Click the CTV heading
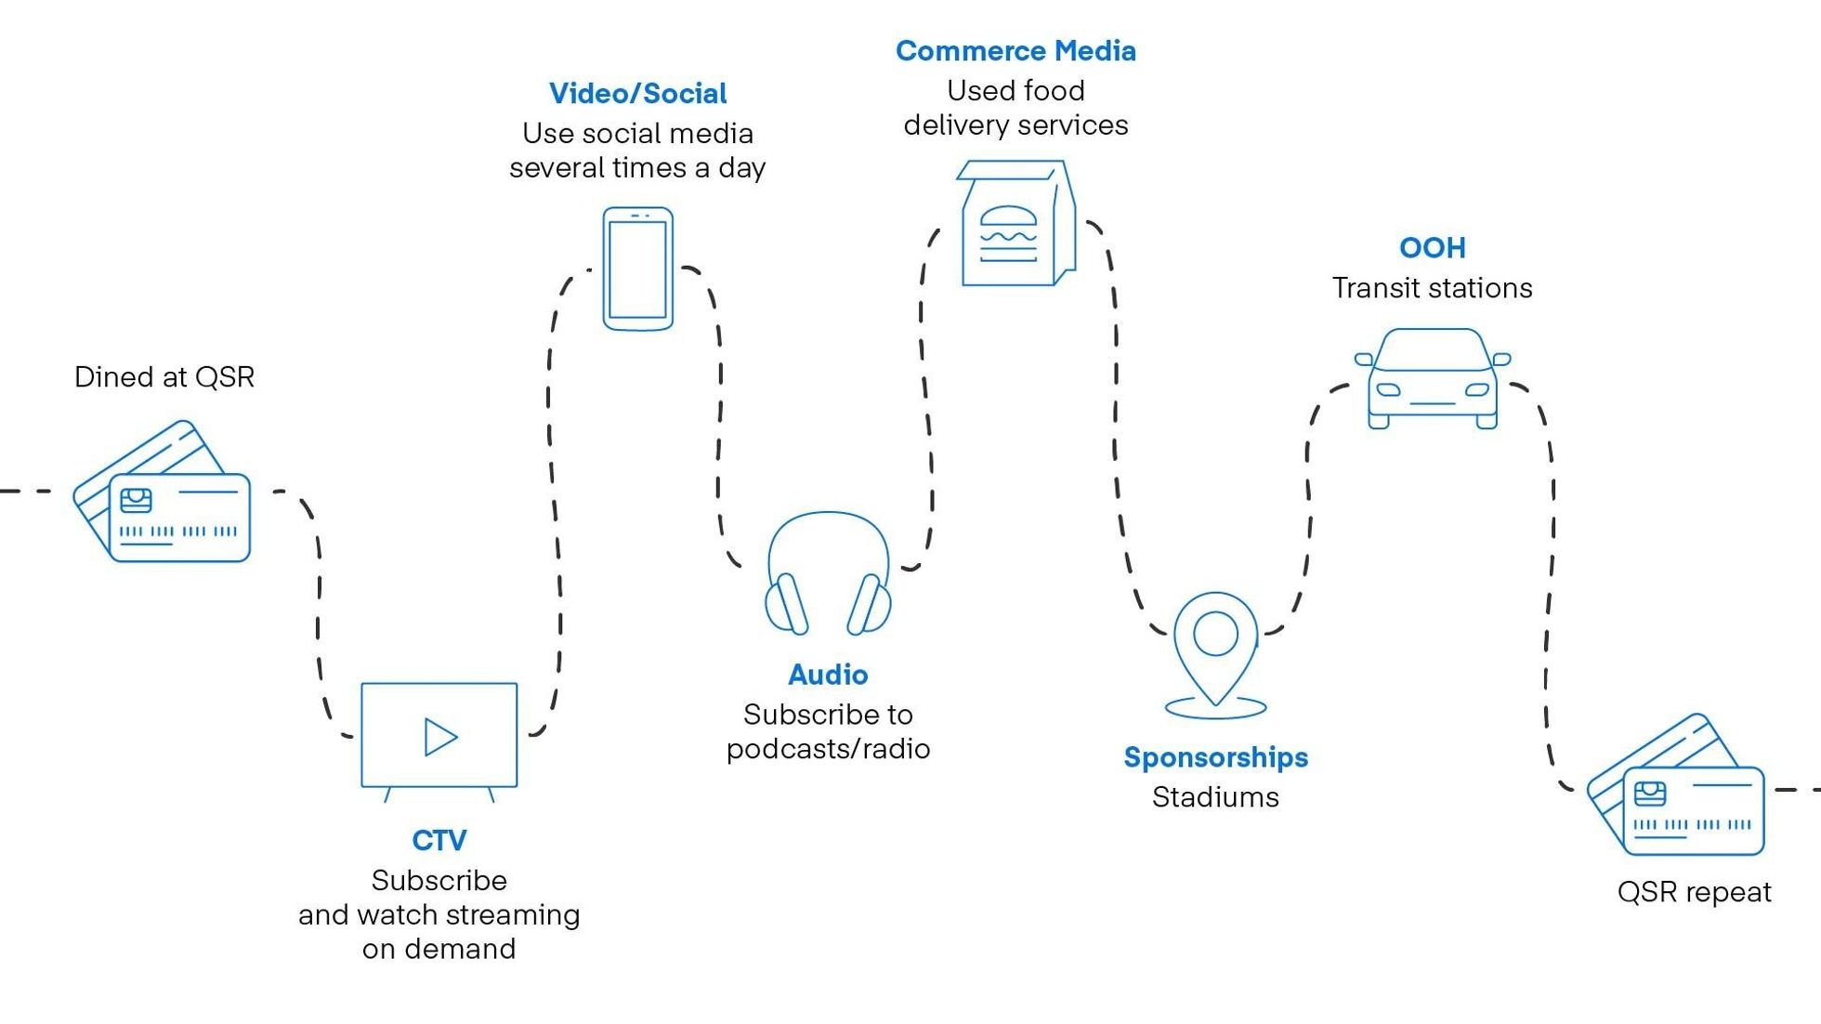pyautogui.click(x=439, y=840)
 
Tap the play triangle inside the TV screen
pyautogui.click(x=439, y=737)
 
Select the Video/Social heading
pyautogui.click(x=637, y=94)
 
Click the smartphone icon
pyautogui.click(x=637, y=269)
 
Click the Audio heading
pyautogui.click(x=828, y=675)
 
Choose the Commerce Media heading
pyautogui.click(x=1015, y=51)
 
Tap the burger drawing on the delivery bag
pyautogui.click(x=1008, y=232)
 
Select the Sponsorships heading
pyautogui.click(x=1215, y=757)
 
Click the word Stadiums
pyautogui.click(x=1215, y=797)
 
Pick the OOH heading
pyautogui.click(x=1432, y=248)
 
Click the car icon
pyautogui.click(x=1432, y=379)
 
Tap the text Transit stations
pyautogui.click(x=1432, y=288)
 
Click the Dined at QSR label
pyautogui.click(x=164, y=377)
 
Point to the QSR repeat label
pyautogui.click(x=1694, y=892)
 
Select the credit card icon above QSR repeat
pyautogui.click(x=1678, y=787)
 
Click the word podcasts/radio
pyautogui.click(x=828, y=749)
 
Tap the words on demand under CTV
pyautogui.click(x=439, y=949)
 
